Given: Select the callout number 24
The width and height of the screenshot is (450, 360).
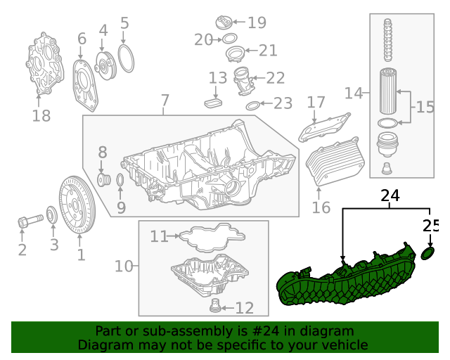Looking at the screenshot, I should pyautogui.click(x=390, y=195).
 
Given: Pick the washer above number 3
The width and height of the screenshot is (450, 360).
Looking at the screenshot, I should pyautogui.click(x=52, y=214).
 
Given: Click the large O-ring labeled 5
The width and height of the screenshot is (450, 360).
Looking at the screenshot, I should pyautogui.click(x=125, y=58).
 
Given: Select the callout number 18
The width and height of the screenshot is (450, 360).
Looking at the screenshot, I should pyautogui.click(x=41, y=116).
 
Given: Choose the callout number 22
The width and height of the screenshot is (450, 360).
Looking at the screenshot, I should pyautogui.click(x=275, y=78).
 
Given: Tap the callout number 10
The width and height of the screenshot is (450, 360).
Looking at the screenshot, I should pyautogui.click(x=123, y=266).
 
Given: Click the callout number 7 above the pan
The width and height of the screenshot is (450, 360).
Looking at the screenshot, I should pyautogui.click(x=165, y=100).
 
